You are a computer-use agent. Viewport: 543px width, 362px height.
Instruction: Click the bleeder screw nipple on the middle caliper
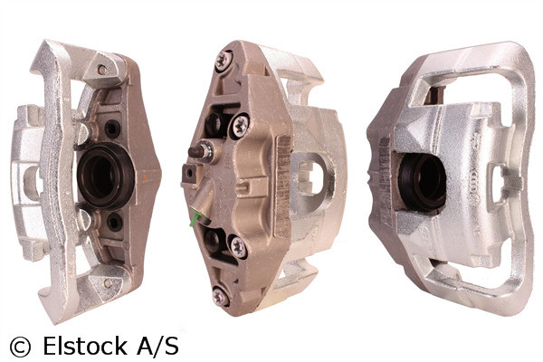[201, 152]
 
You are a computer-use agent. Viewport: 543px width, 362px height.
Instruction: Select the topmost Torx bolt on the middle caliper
[224, 59]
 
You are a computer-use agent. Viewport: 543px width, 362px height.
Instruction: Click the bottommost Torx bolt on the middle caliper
[219, 295]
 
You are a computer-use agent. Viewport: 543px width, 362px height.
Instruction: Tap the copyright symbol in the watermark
[19, 346]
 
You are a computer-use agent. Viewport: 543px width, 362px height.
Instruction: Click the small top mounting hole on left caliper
[103, 69]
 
